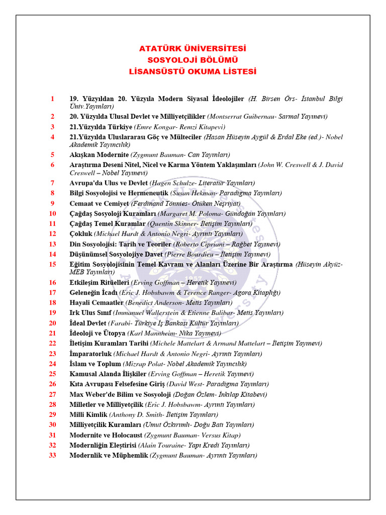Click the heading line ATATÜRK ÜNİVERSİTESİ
tap(192, 49)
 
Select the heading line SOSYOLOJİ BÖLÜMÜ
tap(192, 60)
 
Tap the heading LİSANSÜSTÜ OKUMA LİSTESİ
tap(192, 71)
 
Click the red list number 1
tap(52, 99)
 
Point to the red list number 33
tap(52, 455)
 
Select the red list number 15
tap(52, 264)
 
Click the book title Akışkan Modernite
tap(99, 154)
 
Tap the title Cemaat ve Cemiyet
tap(99, 203)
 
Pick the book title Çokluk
tap(81, 233)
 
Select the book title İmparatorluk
tap(90, 354)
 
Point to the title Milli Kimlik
tap(88, 414)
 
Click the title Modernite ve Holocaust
tap(106, 435)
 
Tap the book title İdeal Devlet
tap(88, 323)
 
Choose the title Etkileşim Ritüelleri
tap(100, 282)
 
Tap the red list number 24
tap(52, 364)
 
